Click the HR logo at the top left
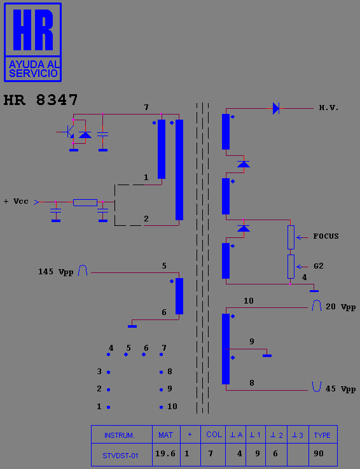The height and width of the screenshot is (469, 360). pyautogui.click(x=32, y=42)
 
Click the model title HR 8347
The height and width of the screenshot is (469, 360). pyautogui.click(x=41, y=100)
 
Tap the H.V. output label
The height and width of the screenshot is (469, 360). pyautogui.click(x=329, y=108)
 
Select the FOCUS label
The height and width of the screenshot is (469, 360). pyautogui.click(x=326, y=236)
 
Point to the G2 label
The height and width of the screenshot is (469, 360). pyautogui.click(x=319, y=266)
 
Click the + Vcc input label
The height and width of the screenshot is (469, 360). pyautogui.click(x=16, y=201)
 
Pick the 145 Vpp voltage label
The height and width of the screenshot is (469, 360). pyautogui.click(x=55, y=272)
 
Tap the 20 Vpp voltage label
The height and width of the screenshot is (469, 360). pyautogui.click(x=340, y=307)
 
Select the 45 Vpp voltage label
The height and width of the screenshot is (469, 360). pyautogui.click(x=340, y=389)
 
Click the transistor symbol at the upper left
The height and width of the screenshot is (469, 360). pyautogui.click(x=71, y=131)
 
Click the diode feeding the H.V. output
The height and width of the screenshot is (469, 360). pyautogui.click(x=275, y=108)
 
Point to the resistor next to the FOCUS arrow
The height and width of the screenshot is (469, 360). pyautogui.click(x=291, y=237)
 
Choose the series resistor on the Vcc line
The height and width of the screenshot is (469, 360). pyautogui.click(x=85, y=202)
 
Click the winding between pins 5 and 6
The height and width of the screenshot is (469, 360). pyautogui.click(x=179, y=296)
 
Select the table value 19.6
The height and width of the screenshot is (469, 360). pyautogui.click(x=165, y=454)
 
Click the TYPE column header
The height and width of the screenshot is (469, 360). pyautogui.click(x=322, y=435)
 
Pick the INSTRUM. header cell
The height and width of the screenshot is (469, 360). pyautogui.click(x=120, y=435)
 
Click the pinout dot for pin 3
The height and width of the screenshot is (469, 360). pyautogui.click(x=108, y=372)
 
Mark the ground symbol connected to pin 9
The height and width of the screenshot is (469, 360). pyautogui.click(x=267, y=355)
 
